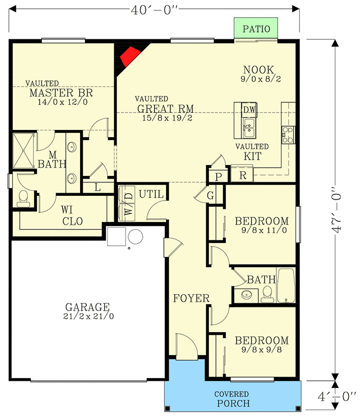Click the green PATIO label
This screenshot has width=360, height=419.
tap(256, 28)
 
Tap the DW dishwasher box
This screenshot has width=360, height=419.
tap(249, 109)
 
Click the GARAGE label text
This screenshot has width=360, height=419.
tap(87, 307)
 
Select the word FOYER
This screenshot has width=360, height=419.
tap(192, 299)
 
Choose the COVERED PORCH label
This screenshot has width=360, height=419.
tap(232, 399)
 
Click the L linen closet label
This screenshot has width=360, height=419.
tap(98, 186)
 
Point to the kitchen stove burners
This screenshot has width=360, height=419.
tap(288, 135)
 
